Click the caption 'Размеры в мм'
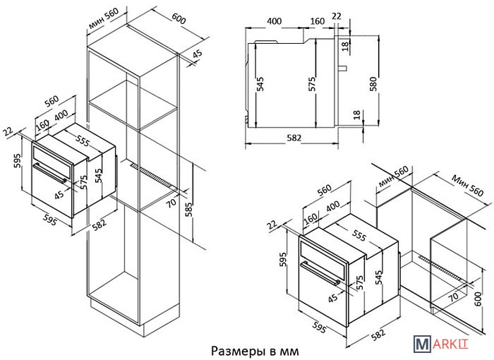[255, 351]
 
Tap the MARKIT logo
[441, 343]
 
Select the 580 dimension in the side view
[373, 84]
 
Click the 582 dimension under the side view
[294, 138]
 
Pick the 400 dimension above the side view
[274, 21]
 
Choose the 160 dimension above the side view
[318, 21]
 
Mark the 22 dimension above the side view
[337, 16]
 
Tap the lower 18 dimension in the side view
[356, 114]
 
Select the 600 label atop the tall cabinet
[179, 19]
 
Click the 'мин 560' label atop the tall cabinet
[104, 18]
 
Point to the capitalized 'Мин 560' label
[467, 186]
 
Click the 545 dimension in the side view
[260, 84]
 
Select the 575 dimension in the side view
[312, 84]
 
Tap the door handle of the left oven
[49, 173]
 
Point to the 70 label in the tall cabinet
[171, 202]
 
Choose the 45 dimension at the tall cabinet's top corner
[197, 54]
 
